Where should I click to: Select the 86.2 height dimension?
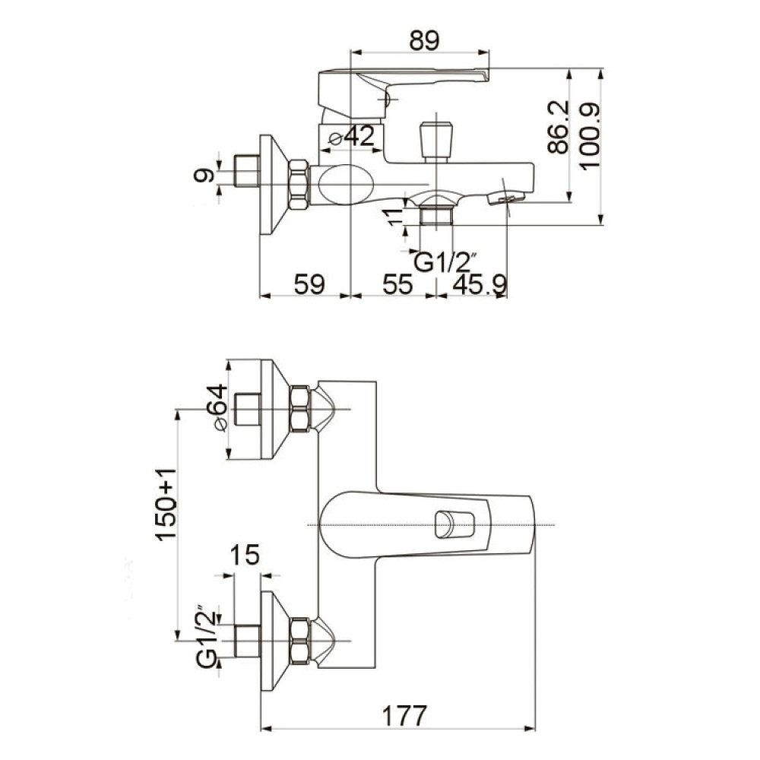[x=559, y=127]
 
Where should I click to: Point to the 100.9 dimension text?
[x=590, y=136]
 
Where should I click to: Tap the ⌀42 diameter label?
[x=352, y=136]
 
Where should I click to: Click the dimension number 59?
[x=309, y=283]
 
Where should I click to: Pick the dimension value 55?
[x=397, y=283]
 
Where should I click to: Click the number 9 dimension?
[x=204, y=175]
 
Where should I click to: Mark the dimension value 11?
[x=395, y=216]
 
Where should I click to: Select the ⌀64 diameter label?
[x=217, y=407]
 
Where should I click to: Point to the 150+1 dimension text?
[x=166, y=504]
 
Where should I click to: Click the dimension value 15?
[x=244, y=555]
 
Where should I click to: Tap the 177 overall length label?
[x=405, y=716]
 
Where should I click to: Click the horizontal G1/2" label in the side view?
[x=442, y=262]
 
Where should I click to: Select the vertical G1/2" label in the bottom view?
[x=207, y=636]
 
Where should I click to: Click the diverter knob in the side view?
[x=436, y=141]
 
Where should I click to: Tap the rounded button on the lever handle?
[x=454, y=524]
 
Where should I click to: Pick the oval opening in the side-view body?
[x=347, y=185]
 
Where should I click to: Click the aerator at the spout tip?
[x=506, y=198]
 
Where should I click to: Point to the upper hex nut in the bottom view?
[x=299, y=408]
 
